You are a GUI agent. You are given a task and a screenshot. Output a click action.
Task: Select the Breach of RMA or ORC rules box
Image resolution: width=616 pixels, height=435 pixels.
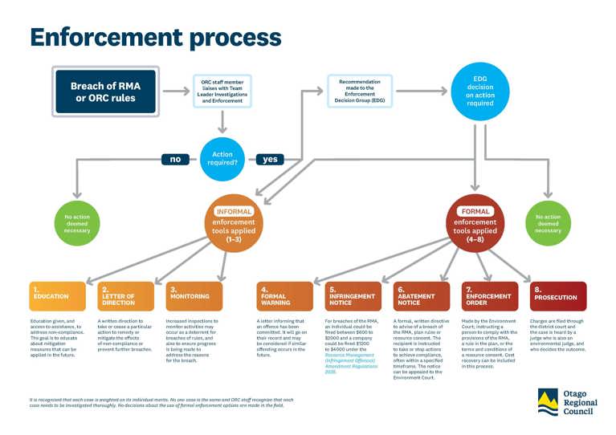(x=104, y=91)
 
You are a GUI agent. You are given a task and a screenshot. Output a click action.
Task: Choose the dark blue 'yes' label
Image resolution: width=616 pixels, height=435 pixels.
(x=270, y=158)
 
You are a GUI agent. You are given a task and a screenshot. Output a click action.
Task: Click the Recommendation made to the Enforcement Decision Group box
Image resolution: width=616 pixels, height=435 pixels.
(x=360, y=91)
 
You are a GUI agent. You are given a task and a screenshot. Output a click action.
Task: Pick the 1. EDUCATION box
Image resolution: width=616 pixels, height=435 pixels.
(x=56, y=295)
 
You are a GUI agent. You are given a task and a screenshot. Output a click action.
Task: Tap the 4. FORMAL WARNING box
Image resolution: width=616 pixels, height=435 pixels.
(x=284, y=295)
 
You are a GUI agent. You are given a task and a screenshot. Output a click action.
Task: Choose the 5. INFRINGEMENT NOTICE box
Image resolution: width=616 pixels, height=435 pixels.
(x=353, y=295)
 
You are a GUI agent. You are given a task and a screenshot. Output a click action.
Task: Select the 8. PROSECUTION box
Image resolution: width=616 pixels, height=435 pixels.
(x=558, y=295)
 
